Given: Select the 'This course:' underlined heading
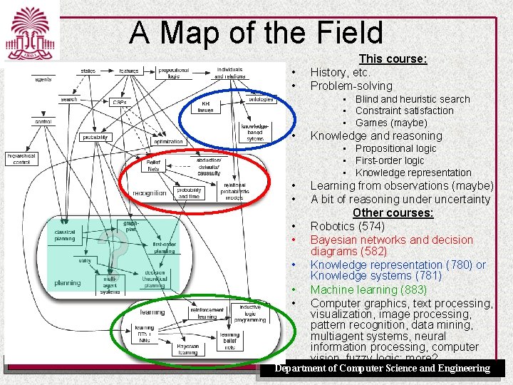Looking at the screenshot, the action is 393,59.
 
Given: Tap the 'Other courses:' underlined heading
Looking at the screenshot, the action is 393,213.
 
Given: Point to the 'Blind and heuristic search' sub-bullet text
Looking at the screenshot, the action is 413,99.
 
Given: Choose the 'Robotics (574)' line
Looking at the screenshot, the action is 347,227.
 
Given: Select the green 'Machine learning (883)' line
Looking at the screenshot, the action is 368,289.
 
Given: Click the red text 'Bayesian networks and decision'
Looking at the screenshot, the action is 391,240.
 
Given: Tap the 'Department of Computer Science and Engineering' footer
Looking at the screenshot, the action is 383,369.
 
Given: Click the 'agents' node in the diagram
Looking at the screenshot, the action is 44,79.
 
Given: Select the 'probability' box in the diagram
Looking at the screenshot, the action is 95,137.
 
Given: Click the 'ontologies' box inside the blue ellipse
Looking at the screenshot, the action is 261,100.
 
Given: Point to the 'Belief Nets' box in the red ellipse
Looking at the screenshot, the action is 154,167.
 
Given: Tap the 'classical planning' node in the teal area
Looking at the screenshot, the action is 65,235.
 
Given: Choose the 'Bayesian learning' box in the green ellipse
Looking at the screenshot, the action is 187,349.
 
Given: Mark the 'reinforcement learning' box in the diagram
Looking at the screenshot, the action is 207,313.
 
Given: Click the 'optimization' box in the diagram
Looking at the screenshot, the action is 168,142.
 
